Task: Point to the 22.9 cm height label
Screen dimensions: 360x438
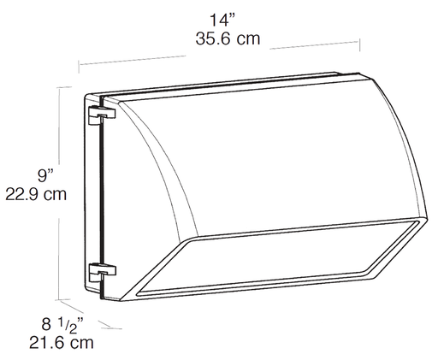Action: click(36, 194)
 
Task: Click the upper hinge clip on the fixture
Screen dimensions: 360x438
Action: click(102, 112)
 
